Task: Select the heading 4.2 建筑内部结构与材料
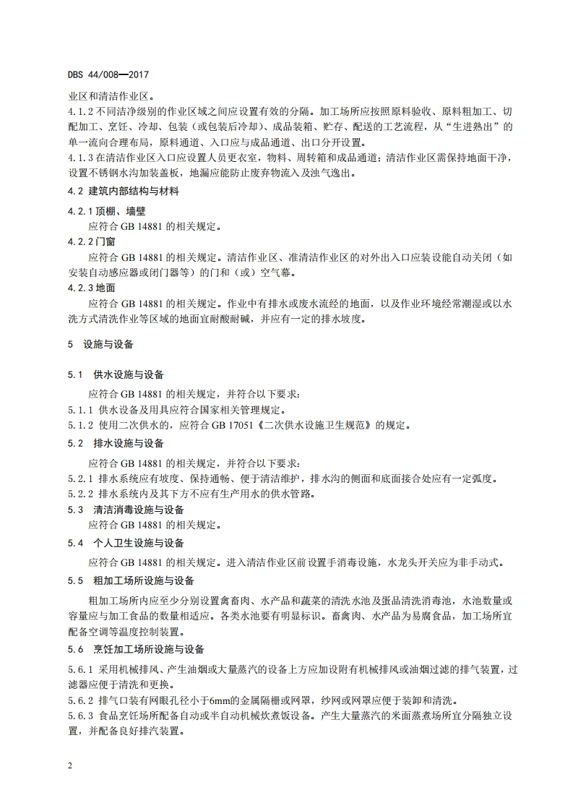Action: coord(124,192)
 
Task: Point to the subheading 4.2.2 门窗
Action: coord(96,242)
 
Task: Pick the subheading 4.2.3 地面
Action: coord(96,288)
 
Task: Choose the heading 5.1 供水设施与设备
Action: coord(116,375)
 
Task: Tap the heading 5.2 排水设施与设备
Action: coord(116,442)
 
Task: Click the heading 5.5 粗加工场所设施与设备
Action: coord(131,580)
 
